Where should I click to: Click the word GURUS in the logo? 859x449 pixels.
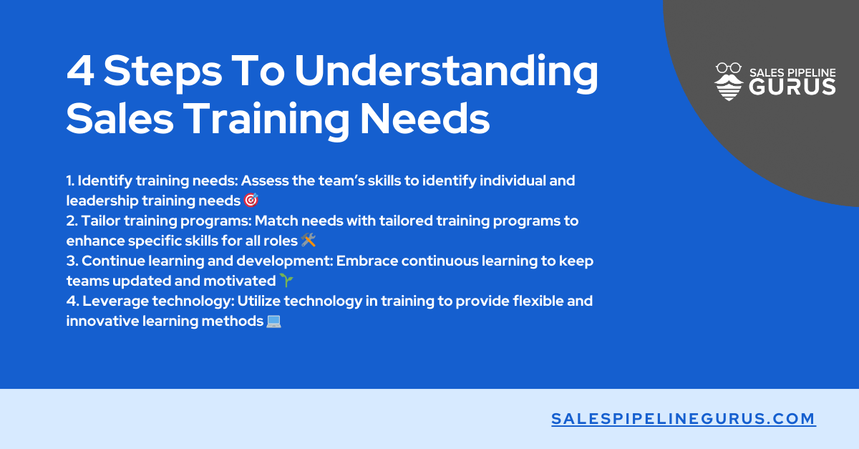[x=792, y=87]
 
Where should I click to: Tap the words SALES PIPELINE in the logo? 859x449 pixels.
[x=792, y=72]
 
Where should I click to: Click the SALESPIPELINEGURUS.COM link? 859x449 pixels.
[x=684, y=419]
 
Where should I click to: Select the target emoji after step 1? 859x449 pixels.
[x=251, y=201]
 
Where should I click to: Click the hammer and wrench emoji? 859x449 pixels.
[x=309, y=241]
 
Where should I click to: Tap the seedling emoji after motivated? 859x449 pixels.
[x=286, y=281]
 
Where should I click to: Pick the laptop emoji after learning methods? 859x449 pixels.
[x=273, y=322]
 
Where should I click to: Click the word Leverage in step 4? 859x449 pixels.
[x=109, y=301]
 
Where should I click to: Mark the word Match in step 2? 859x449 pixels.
[x=276, y=221]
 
